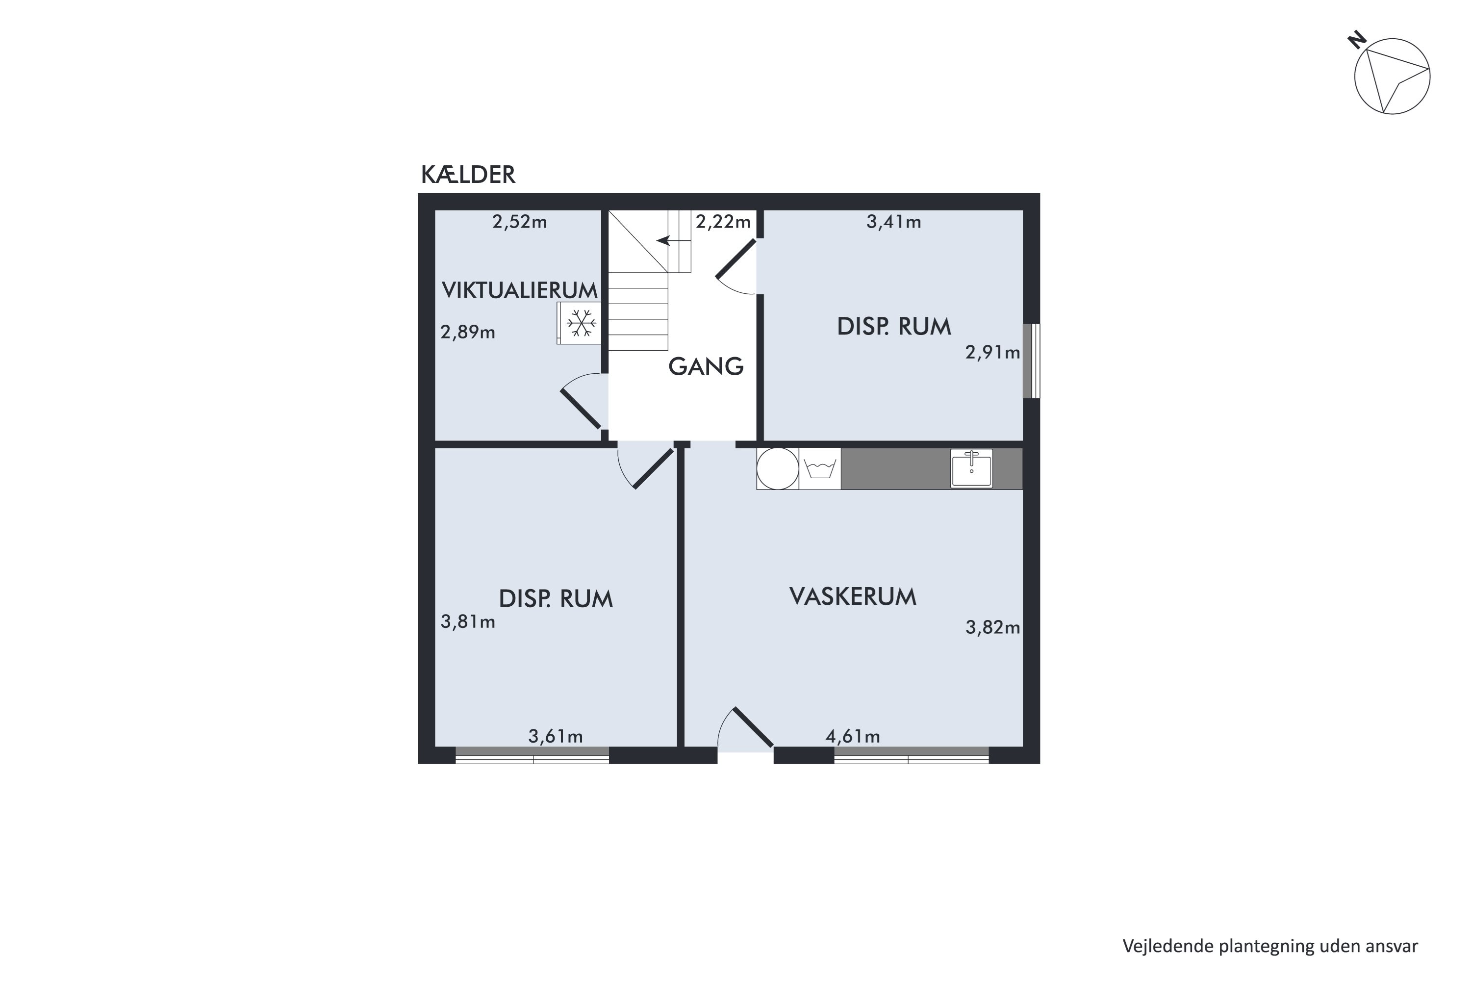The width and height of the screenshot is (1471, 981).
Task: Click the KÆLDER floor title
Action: point(468,175)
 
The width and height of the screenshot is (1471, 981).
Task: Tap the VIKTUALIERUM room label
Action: point(520,290)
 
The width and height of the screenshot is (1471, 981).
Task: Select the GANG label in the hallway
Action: point(706,366)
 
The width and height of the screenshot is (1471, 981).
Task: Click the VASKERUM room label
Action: point(853,597)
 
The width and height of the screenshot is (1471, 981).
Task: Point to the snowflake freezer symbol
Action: point(581,323)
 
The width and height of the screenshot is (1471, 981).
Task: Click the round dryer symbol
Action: point(777,468)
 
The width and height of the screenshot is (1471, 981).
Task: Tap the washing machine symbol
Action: point(820,468)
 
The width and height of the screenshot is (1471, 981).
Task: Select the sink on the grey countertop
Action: point(971,468)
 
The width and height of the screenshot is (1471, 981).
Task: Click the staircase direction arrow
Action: point(663,240)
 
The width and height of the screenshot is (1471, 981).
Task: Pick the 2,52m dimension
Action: point(520,222)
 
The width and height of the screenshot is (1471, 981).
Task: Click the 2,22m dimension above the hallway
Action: point(723,222)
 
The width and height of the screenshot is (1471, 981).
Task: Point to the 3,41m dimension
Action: point(894,222)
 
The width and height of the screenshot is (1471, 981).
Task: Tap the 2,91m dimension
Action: point(992,353)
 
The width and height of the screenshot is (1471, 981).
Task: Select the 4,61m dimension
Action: point(853,736)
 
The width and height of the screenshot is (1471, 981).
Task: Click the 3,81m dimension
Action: point(468,622)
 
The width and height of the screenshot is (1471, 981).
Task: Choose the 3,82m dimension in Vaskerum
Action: point(992,627)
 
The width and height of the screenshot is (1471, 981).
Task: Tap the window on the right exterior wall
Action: point(1031,361)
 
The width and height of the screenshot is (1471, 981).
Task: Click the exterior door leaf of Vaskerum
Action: point(753,727)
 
